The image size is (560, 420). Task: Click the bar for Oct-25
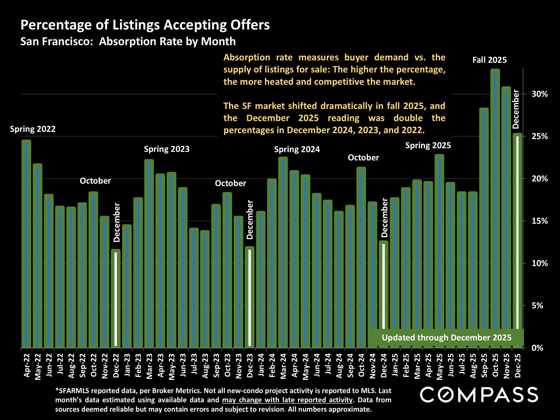click(495, 208)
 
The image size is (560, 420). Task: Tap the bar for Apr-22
click(26, 243)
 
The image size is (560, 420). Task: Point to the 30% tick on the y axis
click(539, 94)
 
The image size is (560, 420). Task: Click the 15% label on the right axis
click(539, 221)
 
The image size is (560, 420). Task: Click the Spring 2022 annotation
click(33, 129)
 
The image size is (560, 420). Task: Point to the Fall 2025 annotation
click(489, 60)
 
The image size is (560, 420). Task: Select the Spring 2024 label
click(297, 149)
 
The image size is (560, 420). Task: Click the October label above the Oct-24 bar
click(363, 158)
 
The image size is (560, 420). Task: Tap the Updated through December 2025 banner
click(446, 338)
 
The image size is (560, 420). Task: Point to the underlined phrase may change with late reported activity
click(287, 400)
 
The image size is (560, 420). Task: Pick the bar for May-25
click(439, 251)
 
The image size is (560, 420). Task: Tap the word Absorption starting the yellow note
click(247, 58)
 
